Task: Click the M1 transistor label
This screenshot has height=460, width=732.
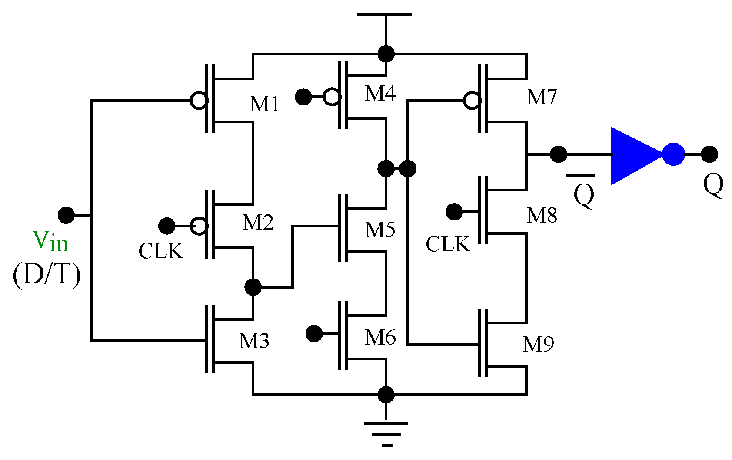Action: click(x=264, y=104)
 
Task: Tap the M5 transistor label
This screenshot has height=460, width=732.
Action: click(x=380, y=230)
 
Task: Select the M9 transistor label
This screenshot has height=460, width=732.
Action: click(x=538, y=345)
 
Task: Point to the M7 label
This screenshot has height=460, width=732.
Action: click(x=542, y=97)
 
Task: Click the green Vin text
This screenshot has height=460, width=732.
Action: click(x=50, y=241)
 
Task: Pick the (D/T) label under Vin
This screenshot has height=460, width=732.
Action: click(x=47, y=274)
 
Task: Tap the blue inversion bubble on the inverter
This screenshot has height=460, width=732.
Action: click(x=673, y=154)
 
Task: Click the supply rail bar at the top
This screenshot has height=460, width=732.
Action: click(x=384, y=15)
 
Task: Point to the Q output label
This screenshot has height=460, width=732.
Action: click(x=713, y=185)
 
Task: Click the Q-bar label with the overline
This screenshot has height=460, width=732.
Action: click(x=583, y=194)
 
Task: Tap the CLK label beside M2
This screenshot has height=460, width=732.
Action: click(x=161, y=251)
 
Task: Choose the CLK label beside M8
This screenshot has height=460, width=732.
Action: click(x=448, y=244)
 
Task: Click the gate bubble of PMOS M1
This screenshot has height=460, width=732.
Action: click(x=199, y=101)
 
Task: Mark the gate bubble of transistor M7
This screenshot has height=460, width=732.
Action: click(x=472, y=101)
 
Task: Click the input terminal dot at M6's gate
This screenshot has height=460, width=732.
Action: click(x=314, y=334)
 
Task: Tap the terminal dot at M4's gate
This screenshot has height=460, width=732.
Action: click(x=303, y=96)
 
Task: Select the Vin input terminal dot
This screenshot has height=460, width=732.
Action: click(x=66, y=215)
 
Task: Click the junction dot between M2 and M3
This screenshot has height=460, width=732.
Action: click(x=253, y=287)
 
